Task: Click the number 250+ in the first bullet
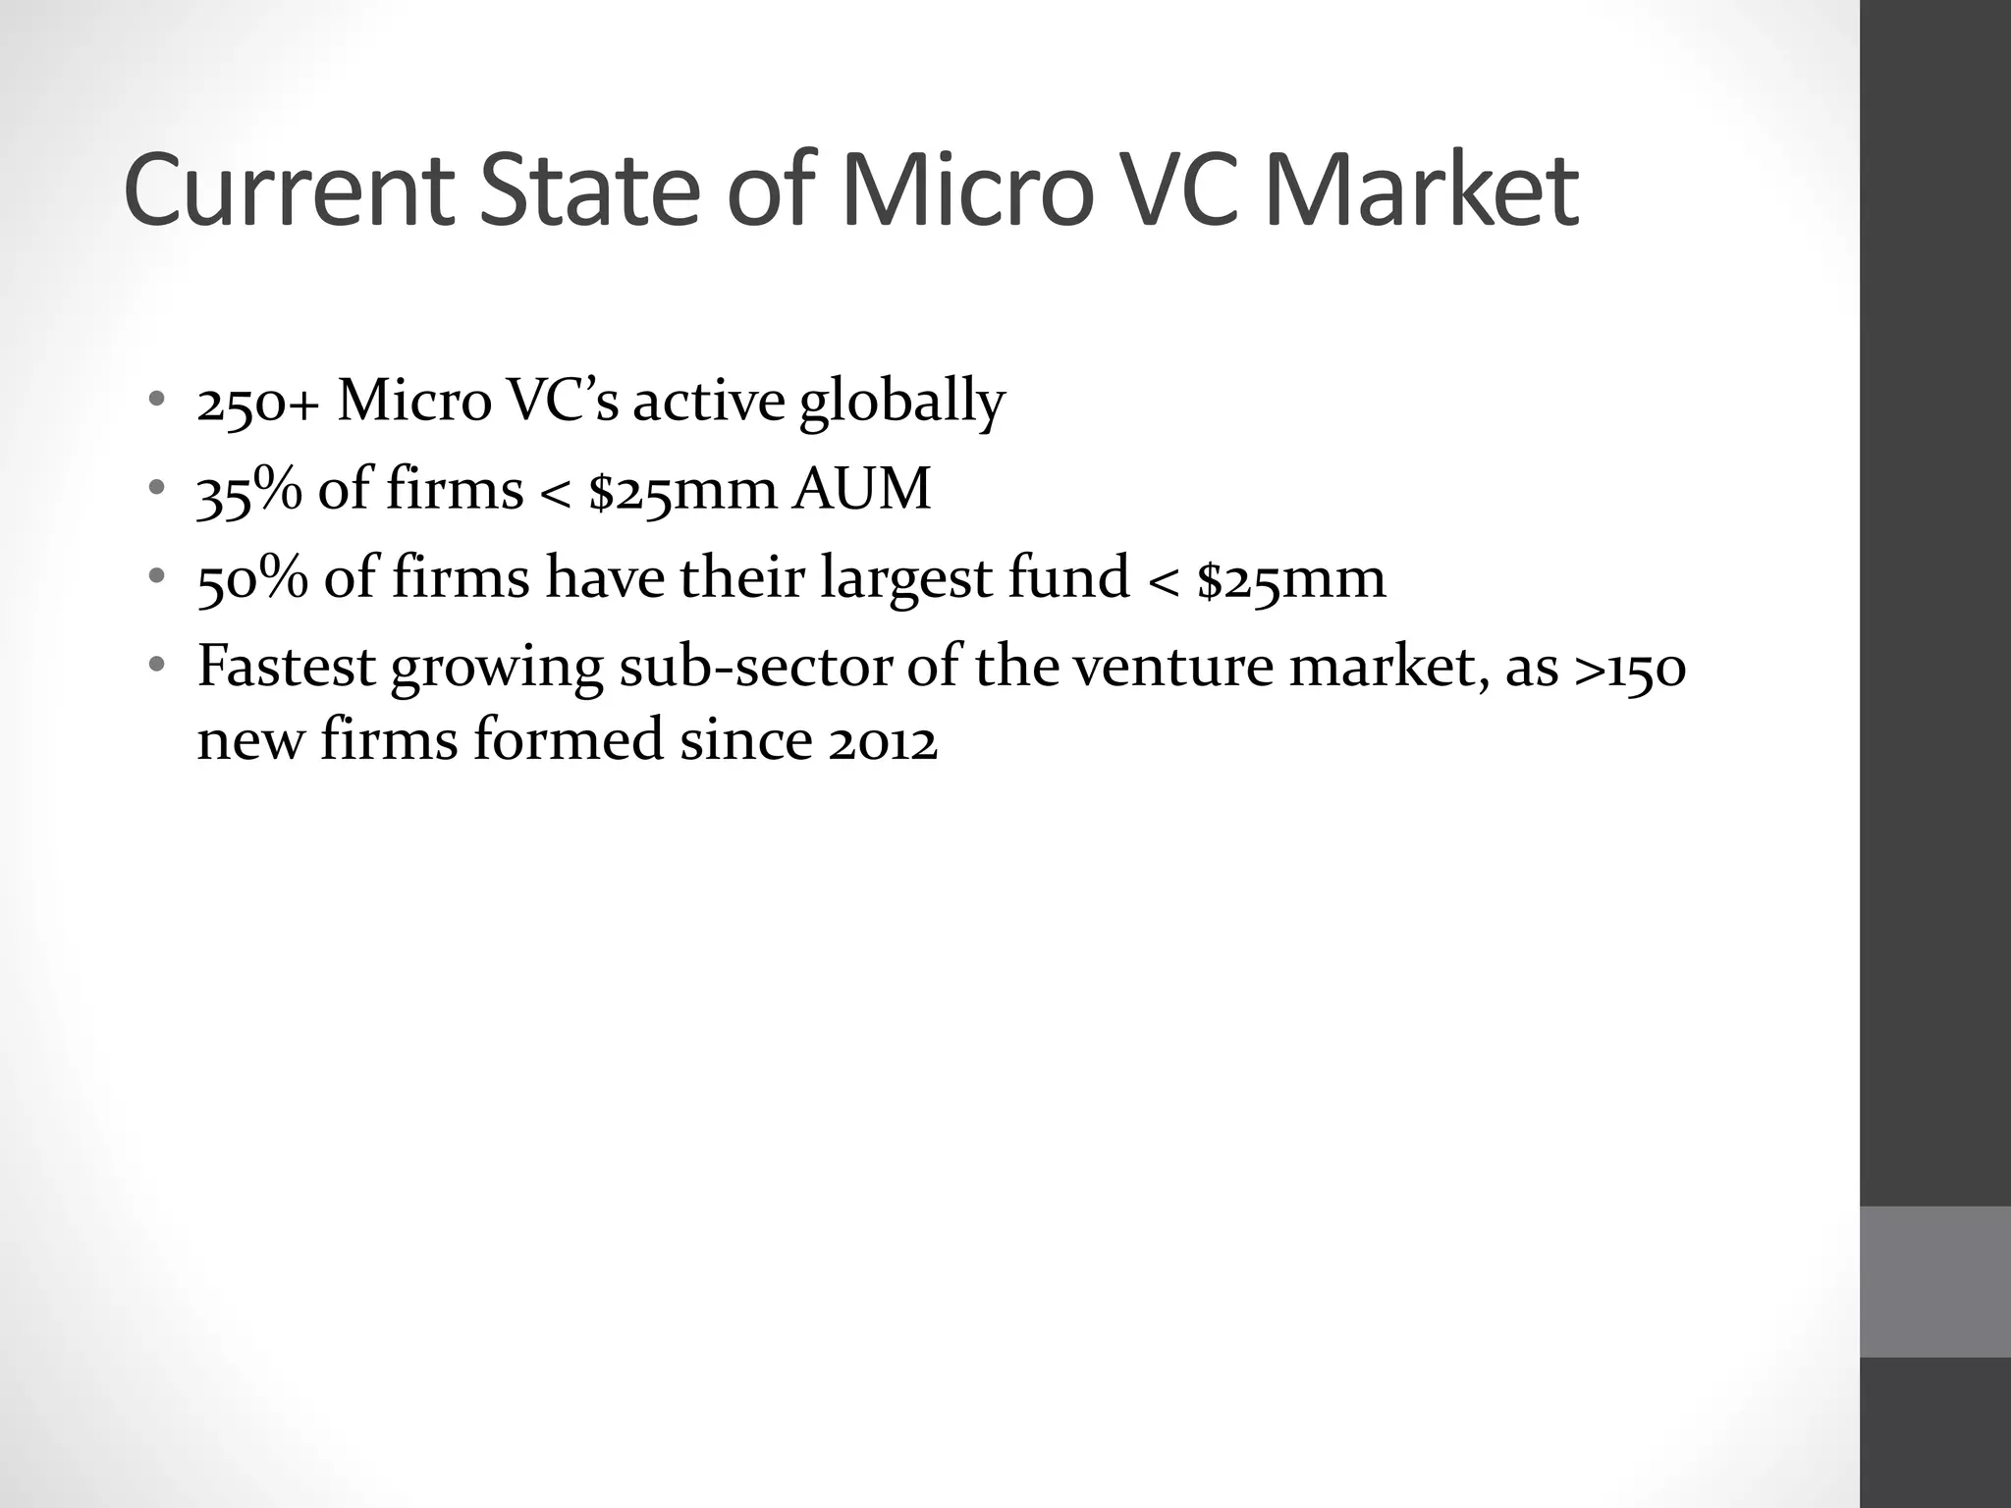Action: coord(258,402)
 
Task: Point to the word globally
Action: coord(902,402)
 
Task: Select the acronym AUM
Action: coord(861,489)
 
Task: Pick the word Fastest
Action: coord(286,666)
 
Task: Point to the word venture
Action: coord(1171,666)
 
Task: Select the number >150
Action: coord(1629,668)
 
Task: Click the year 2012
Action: coord(882,740)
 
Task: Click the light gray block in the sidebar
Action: coord(1934,1281)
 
